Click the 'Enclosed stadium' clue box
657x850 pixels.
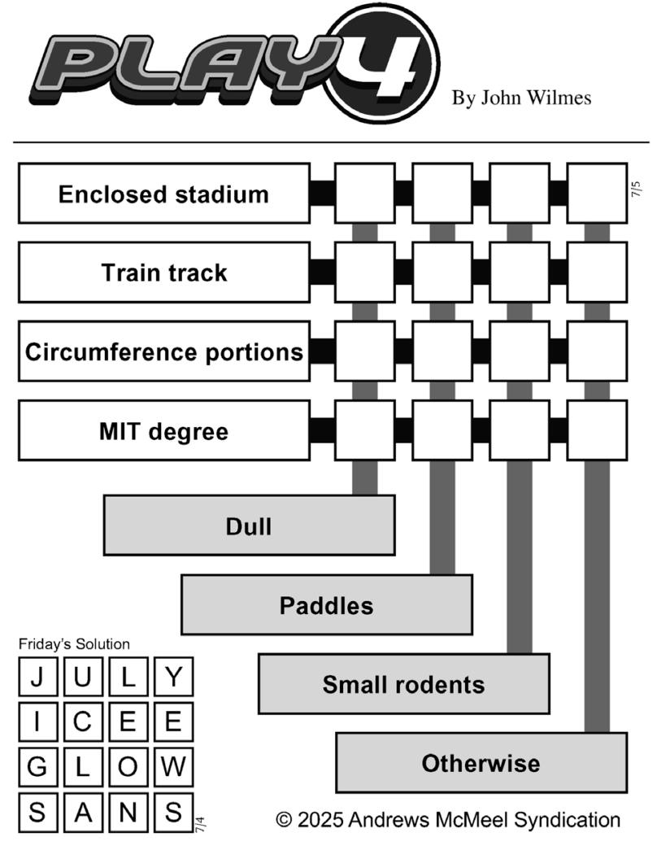[x=164, y=194]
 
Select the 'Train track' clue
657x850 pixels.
[x=164, y=272]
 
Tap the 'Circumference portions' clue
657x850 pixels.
[x=164, y=351]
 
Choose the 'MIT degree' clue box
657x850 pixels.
[x=164, y=431]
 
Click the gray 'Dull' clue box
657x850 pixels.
[x=249, y=525]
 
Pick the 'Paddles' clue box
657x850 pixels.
[x=326, y=605]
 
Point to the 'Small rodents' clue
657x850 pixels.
[x=404, y=683]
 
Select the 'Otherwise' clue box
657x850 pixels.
[x=481, y=763]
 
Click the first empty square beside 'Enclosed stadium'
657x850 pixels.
[x=365, y=194]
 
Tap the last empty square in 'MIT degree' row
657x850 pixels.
[x=598, y=431]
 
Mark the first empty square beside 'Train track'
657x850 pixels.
[x=365, y=272]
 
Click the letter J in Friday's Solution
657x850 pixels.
[x=37, y=677]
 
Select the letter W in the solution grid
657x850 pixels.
[x=173, y=766]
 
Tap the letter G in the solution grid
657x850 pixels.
[x=37, y=766]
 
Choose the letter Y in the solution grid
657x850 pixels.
[x=173, y=677]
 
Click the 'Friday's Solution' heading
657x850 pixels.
[x=74, y=644]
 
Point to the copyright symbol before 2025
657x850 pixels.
[x=284, y=819]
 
